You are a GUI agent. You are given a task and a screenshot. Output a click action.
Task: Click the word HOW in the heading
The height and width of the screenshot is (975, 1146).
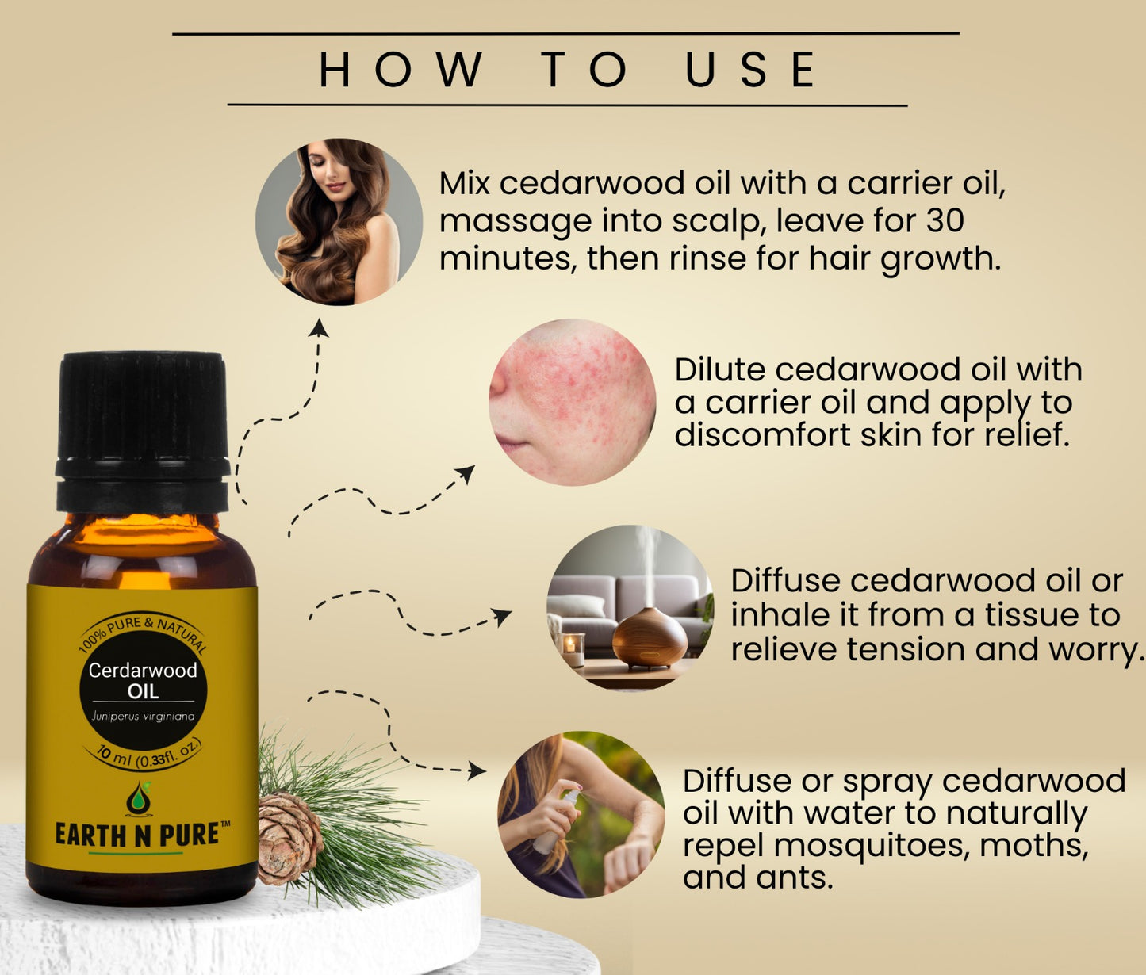(401, 69)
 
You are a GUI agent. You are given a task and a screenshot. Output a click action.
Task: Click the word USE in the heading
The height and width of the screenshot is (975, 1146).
(751, 69)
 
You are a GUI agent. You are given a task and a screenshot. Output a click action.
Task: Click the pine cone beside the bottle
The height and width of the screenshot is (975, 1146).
(289, 838)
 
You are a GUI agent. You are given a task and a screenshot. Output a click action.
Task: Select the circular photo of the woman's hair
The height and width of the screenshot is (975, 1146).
(339, 222)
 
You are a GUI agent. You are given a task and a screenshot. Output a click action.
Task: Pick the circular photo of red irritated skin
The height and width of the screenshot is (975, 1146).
(572, 402)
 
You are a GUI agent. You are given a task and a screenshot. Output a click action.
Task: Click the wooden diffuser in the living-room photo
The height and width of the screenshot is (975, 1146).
(650, 637)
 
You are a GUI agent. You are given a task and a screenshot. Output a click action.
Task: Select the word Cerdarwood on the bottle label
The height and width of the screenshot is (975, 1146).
(143, 670)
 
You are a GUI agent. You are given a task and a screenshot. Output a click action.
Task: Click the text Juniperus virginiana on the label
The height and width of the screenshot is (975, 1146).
(143, 716)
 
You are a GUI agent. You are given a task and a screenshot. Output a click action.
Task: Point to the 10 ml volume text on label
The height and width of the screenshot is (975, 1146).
(113, 755)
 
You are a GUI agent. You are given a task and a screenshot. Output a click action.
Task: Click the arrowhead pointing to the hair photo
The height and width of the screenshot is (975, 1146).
(319, 327)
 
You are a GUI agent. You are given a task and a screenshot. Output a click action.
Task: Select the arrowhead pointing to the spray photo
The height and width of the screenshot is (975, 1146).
(477, 770)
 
